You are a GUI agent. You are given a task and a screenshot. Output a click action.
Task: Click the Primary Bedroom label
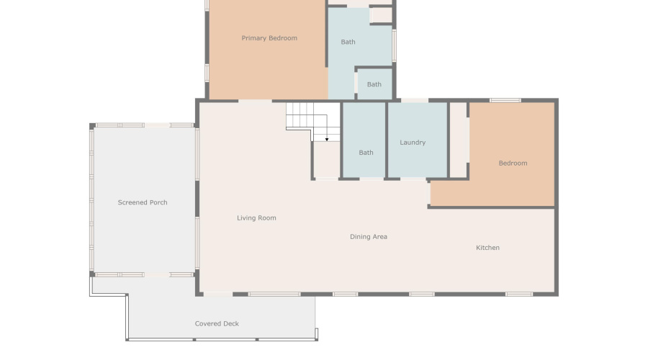[269, 38]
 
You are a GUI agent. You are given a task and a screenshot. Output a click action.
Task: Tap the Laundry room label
[413, 143]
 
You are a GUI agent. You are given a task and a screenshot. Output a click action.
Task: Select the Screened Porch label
[143, 202]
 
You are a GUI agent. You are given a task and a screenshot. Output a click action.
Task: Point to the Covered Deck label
[217, 324]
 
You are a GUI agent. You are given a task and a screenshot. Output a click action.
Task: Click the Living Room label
[256, 217]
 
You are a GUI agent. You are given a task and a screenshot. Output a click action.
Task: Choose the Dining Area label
[369, 236]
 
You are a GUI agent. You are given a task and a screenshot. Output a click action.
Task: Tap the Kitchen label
[487, 248]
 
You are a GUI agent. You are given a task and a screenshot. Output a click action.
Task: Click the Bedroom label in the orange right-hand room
[513, 163]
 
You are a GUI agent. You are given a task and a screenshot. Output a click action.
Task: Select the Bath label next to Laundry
[366, 153]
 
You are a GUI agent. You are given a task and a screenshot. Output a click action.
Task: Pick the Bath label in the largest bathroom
[348, 42]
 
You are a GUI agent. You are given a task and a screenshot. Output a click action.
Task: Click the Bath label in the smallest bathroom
[374, 84]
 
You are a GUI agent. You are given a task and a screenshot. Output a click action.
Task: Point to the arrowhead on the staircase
[327, 138]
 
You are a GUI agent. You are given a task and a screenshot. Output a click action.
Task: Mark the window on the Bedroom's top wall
[505, 100]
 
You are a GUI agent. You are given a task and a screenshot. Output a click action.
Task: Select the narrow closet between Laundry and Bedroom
[458, 140]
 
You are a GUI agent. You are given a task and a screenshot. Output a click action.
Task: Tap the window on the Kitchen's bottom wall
[518, 294]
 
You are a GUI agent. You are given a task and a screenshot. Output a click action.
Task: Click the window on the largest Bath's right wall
[394, 45]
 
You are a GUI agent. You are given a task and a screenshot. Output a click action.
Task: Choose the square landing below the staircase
[326, 160]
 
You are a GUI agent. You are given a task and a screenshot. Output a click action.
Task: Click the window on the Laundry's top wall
[414, 100]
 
